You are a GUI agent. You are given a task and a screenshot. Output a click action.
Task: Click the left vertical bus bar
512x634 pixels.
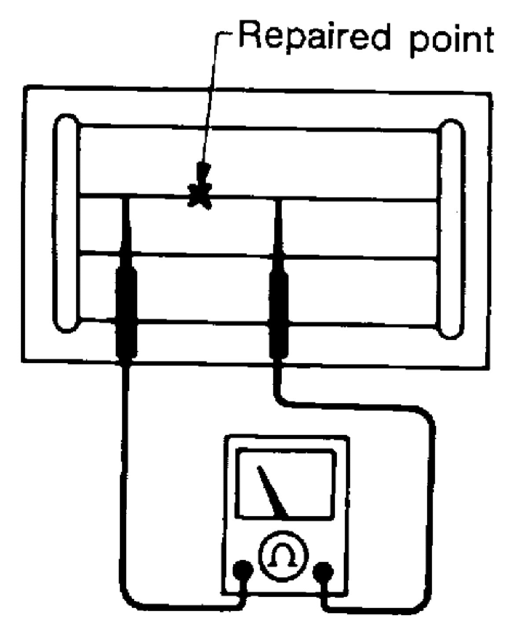[x=66, y=222]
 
